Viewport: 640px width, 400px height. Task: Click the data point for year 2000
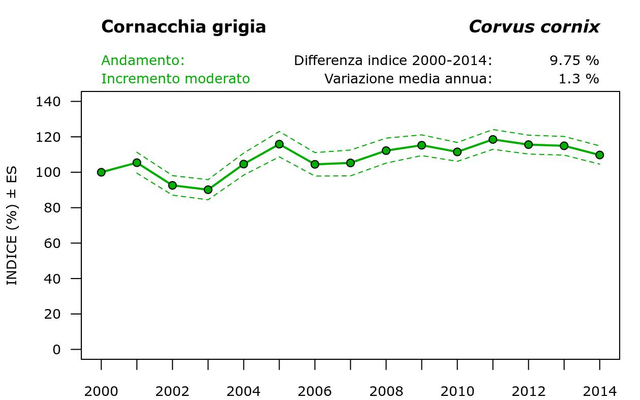point(101,172)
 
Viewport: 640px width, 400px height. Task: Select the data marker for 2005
point(279,144)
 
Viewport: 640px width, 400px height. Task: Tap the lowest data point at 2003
point(208,190)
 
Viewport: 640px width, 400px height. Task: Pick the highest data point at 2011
point(493,139)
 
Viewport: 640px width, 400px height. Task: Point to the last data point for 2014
point(599,155)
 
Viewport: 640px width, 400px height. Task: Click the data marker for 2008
point(386,150)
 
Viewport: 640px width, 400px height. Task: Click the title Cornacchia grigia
point(184,26)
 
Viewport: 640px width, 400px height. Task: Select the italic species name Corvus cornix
point(534,26)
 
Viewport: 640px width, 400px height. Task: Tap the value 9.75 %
point(574,60)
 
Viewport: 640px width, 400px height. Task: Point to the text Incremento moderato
point(175,79)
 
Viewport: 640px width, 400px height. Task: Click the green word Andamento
point(142,60)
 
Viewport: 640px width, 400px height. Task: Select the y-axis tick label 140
point(48,102)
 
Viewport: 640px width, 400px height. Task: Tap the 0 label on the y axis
point(56,350)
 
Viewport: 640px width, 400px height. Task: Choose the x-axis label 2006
point(315,391)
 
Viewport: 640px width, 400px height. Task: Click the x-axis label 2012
point(528,391)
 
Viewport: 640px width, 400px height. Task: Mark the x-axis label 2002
point(172,391)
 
